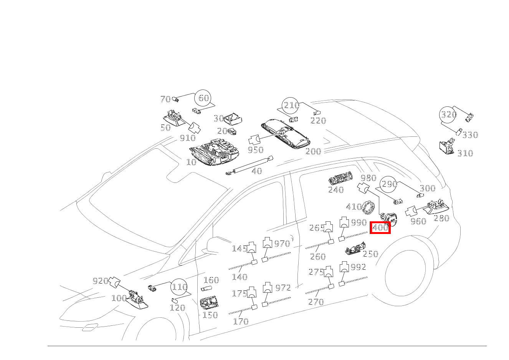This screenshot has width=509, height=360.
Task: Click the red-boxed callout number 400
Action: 380,227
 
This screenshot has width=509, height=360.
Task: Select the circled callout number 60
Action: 203,98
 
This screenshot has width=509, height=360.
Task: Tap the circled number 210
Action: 291,105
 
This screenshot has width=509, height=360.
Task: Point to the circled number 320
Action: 448,114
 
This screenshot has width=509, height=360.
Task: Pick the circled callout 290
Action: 389,184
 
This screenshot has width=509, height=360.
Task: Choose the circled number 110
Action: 179,287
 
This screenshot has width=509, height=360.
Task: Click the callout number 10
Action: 191,162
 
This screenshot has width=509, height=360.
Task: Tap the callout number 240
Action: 336,190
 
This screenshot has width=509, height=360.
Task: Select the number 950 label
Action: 255,150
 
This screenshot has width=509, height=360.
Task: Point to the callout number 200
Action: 313,151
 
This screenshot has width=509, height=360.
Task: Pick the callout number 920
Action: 101,281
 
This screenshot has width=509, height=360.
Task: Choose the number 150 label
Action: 210,315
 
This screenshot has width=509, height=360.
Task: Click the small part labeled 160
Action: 207,289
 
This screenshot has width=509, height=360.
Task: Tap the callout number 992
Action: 359,267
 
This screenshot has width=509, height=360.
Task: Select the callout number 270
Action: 316,302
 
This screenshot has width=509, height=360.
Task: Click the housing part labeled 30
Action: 233,119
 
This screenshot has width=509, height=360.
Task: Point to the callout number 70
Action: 165,99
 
